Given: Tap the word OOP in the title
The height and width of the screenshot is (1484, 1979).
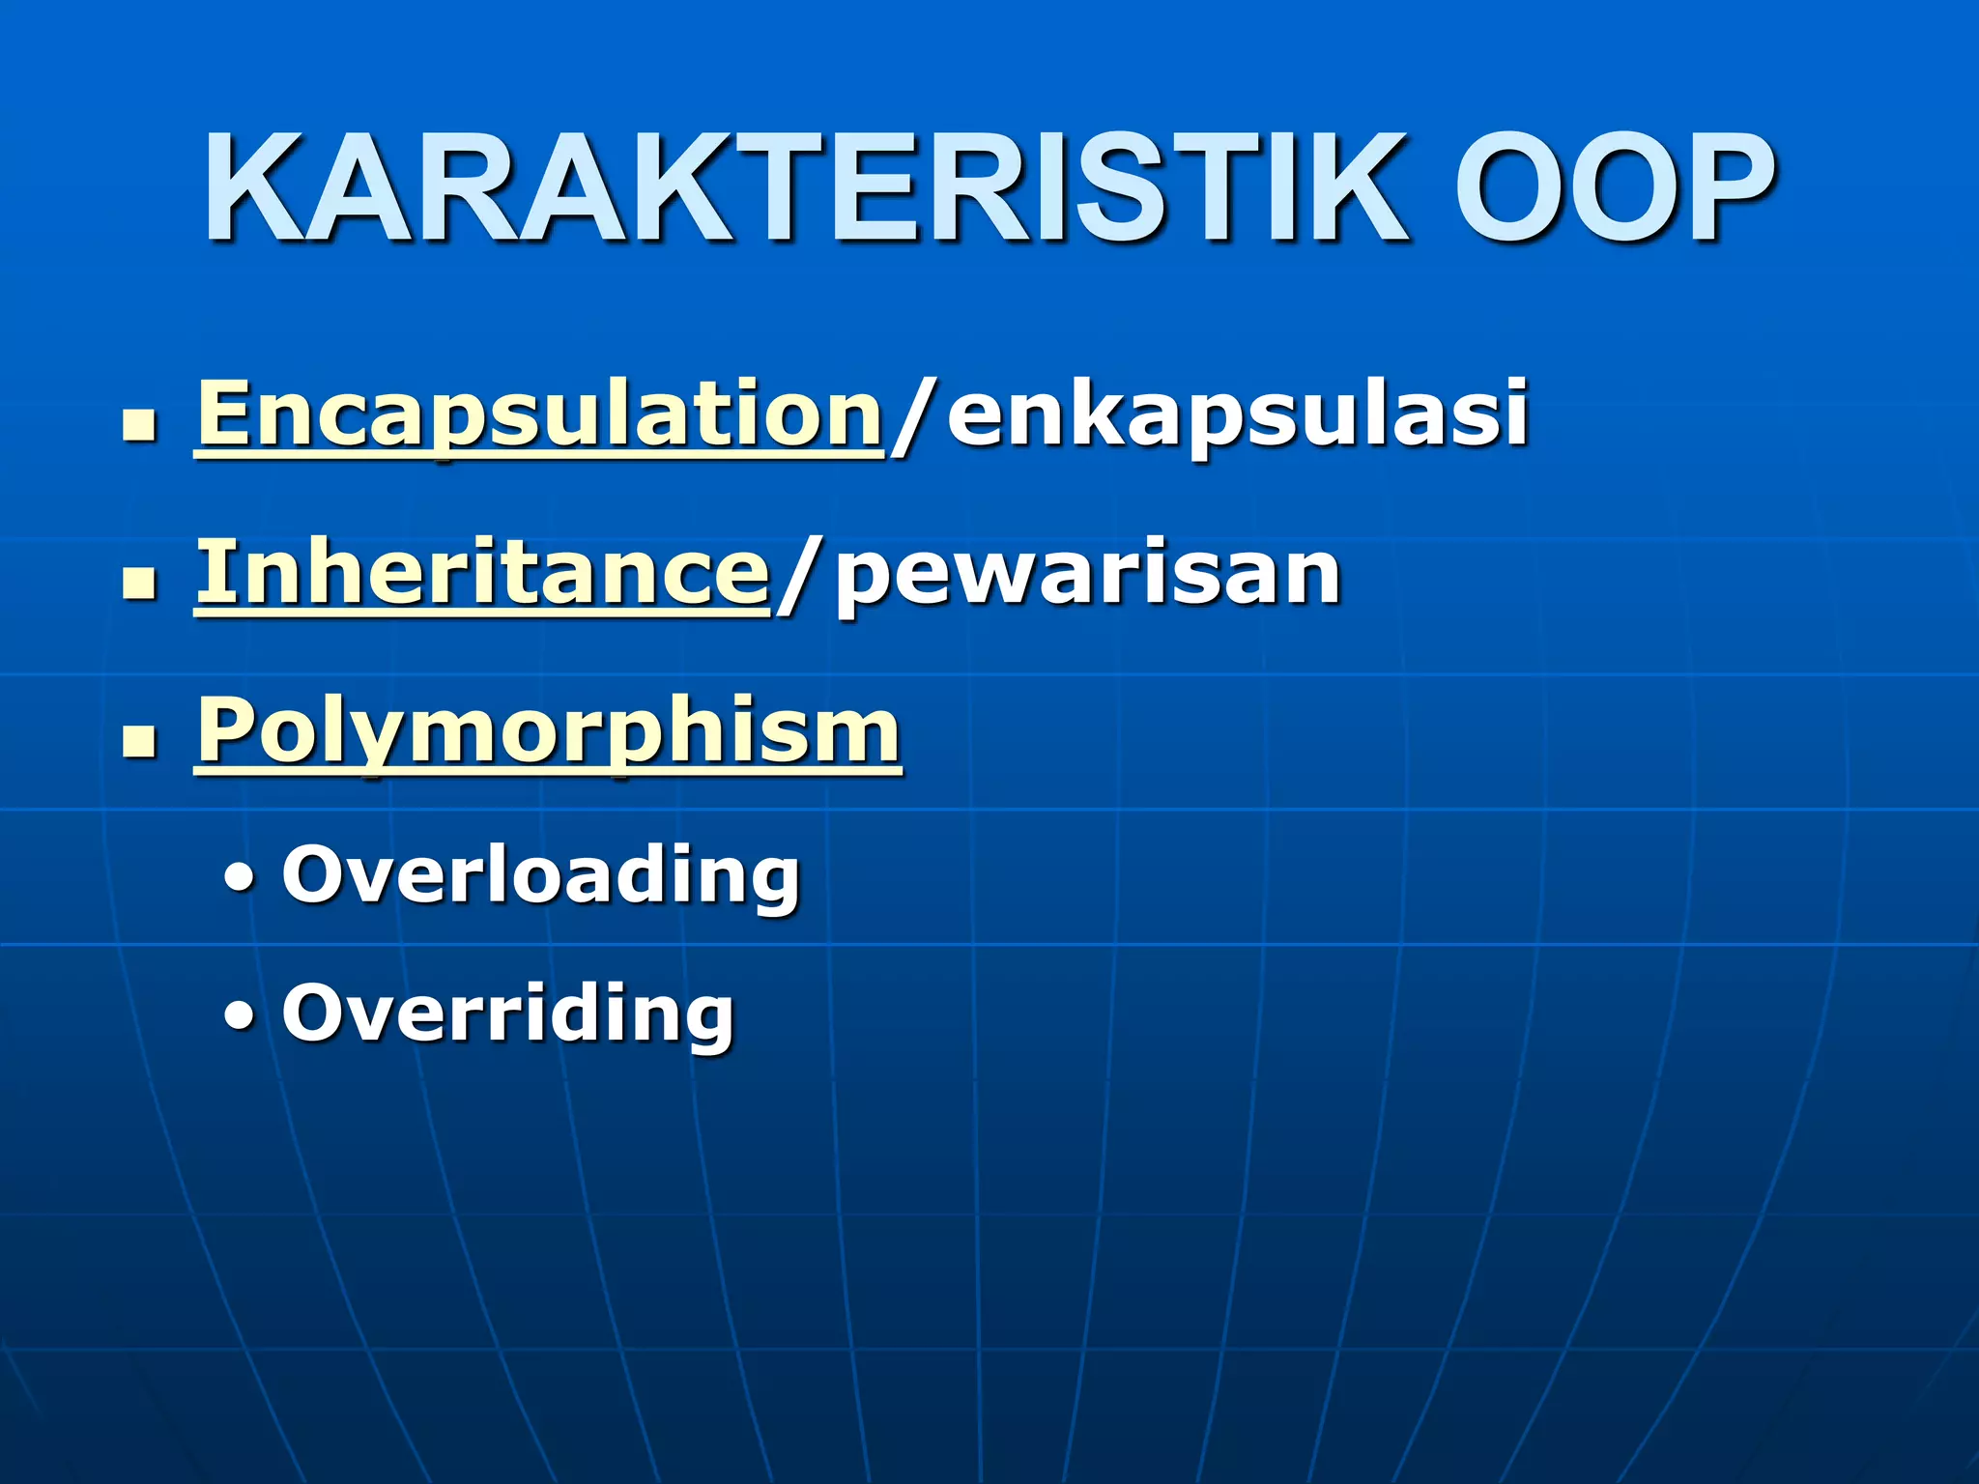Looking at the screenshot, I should [1614, 188].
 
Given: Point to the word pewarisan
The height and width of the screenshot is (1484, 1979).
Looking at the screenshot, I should [1088, 574].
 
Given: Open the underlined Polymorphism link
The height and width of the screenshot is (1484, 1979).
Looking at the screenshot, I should [549, 732].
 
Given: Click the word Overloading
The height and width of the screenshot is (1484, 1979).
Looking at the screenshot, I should [541, 875].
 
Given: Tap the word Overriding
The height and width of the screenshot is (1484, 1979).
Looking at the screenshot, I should [508, 1014].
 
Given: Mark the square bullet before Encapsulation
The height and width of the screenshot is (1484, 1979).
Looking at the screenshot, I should [140, 425].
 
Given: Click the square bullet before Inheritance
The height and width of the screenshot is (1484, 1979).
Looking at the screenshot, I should [140, 584].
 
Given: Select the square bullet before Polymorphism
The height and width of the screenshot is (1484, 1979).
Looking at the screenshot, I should [140, 742].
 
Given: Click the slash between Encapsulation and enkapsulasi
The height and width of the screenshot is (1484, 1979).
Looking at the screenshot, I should [912, 415].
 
